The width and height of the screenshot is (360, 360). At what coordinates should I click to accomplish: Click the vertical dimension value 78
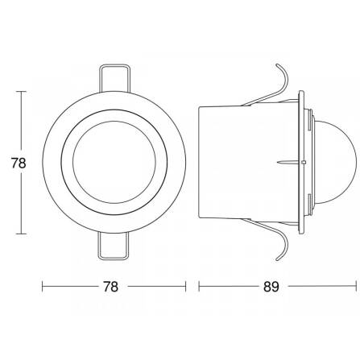(x=19, y=163)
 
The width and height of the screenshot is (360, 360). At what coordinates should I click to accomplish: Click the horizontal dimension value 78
(x=110, y=287)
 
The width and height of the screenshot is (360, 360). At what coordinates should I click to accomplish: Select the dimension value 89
(x=271, y=287)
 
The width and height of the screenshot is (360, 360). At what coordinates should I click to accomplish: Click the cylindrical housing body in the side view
(x=248, y=162)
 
